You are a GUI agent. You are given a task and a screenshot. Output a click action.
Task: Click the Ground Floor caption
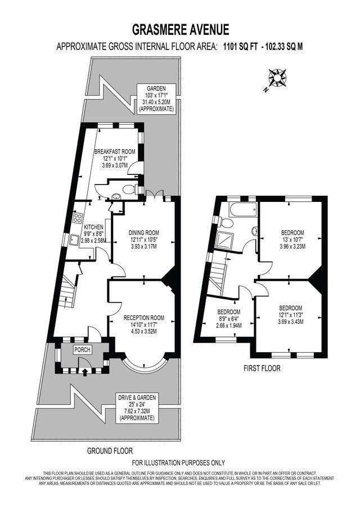tap(110, 451)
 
